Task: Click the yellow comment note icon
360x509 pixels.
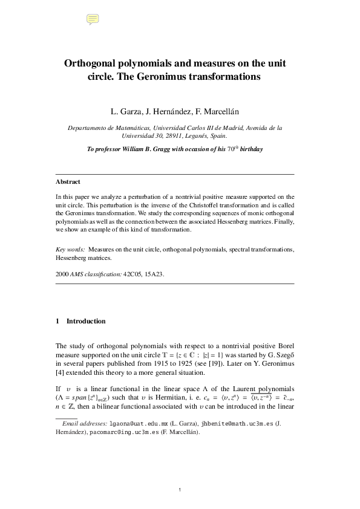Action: point(93,19)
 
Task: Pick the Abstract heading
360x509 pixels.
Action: point(68,181)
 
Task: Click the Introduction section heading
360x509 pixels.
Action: point(86,321)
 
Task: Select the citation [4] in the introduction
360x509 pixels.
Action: point(59,374)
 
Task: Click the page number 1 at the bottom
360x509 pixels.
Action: point(180,489)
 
